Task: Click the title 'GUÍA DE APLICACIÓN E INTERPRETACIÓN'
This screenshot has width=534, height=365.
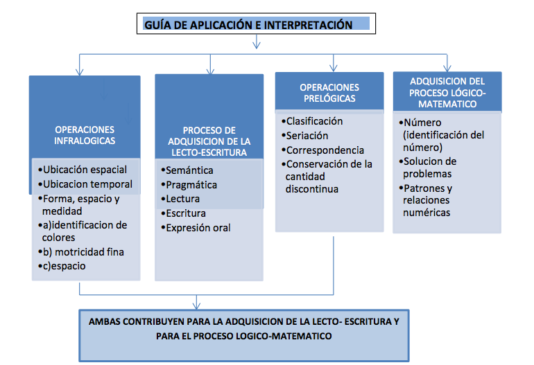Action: (x=248, y=26)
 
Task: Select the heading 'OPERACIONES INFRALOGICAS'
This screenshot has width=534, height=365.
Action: (x=85, y=135)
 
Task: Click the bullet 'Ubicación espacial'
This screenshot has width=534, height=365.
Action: (x=85, y=170)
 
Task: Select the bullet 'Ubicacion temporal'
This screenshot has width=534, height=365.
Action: (x=87, y=184)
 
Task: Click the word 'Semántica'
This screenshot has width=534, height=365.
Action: (x=189, y=170)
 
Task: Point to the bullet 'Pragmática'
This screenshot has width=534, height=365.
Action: (x=191, y=185)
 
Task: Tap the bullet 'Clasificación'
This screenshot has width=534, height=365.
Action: (x=314, y=121)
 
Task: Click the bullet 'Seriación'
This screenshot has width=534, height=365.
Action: (x=307, y=136)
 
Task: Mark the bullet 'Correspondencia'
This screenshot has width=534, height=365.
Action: (x=325, y=150)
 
